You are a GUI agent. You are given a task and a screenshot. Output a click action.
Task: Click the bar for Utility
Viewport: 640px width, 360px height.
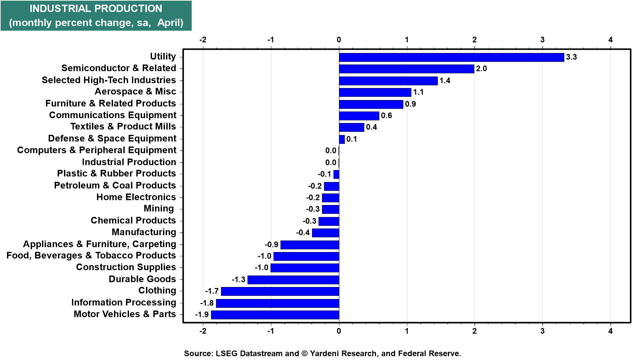[451, 57]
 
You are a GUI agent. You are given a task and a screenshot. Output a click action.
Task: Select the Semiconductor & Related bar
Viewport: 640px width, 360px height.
[406, 69]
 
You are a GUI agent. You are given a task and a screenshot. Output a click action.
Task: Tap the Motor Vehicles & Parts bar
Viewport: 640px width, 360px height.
[275, 315]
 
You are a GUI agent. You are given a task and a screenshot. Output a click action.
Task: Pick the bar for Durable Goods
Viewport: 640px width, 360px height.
[293, 280]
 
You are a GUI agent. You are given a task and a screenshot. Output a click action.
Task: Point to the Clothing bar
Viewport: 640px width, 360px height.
[280, 291]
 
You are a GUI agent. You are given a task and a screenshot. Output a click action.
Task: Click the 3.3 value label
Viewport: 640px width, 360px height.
[571, 57]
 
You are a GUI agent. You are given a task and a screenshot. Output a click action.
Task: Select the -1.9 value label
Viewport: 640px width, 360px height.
[202, 315]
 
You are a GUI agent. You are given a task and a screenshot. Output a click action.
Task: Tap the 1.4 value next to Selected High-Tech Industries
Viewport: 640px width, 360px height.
[445, 81]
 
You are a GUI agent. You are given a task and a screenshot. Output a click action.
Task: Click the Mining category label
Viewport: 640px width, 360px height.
[159, 209]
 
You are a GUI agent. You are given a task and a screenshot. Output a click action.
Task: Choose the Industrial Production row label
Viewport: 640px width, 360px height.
[129, 162]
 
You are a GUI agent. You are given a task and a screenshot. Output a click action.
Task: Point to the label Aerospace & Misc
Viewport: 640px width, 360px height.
[135, 91]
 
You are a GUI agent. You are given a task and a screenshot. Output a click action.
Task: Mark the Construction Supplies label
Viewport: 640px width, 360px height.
[126, 267]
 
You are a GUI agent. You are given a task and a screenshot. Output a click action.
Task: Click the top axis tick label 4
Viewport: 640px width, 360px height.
[610, 40]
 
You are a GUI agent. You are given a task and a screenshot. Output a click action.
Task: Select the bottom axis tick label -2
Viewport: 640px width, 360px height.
[203, 331]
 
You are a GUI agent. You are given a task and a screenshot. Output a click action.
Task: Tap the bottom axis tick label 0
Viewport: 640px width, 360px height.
[339, 331]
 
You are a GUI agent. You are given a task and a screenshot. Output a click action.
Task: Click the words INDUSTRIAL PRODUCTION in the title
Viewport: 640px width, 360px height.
[96, 9]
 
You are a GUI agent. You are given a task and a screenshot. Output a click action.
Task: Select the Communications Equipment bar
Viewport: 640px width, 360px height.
[359, 116]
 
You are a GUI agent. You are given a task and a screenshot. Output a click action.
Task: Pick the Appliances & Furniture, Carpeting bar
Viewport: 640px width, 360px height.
[310, 245]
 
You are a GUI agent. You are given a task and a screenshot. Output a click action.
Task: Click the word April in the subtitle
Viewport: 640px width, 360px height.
[170, 23]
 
